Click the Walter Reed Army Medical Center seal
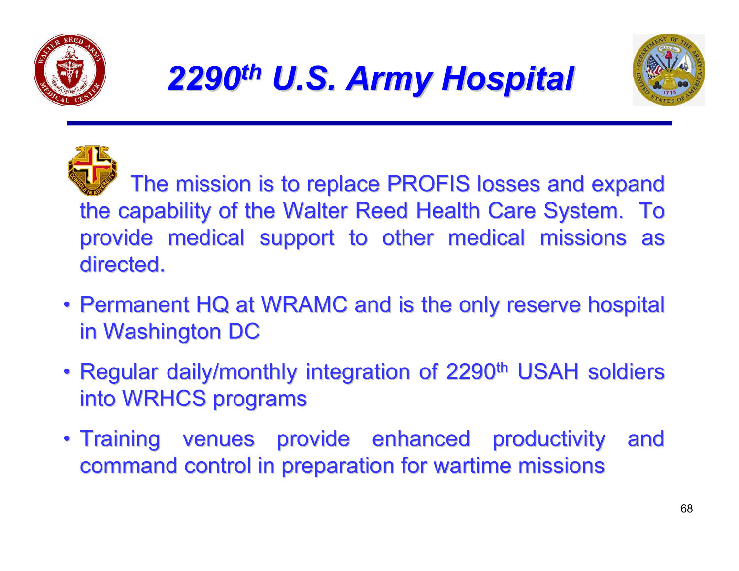[70, 70]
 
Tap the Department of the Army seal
[669, 70]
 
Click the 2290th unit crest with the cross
[92, 170]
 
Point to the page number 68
[686, 509]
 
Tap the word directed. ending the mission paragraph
[122, 265]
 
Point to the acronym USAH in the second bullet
[547, 372]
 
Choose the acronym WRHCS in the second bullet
[164, 399]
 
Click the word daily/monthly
[232, 372]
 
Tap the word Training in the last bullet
[120, 439]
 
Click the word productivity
[548, 439]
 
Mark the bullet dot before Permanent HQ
[67, 305]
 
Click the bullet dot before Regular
[67, 372]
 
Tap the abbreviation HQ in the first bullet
[212, 305]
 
